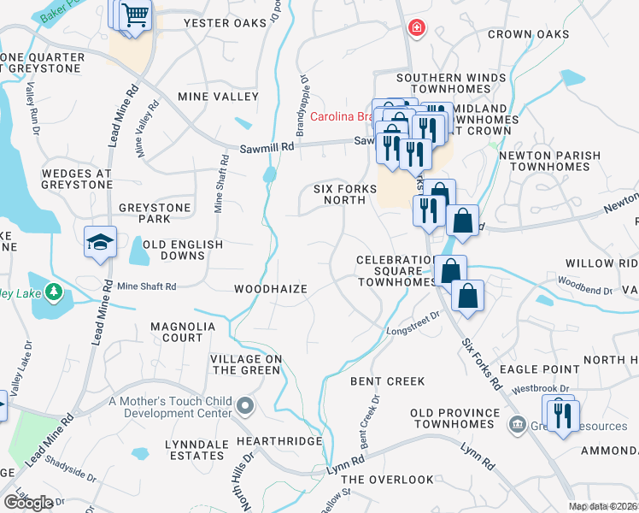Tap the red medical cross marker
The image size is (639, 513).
tap(416, 28)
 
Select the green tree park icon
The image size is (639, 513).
tap(54, 292)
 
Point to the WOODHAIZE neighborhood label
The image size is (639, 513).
tap(271, 290)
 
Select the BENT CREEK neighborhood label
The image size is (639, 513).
tap(375, 380)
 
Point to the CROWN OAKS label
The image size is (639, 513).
tap(528, 34)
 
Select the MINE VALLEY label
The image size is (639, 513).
tap(217, 97)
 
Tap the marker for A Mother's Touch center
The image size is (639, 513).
tap(246, 405)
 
